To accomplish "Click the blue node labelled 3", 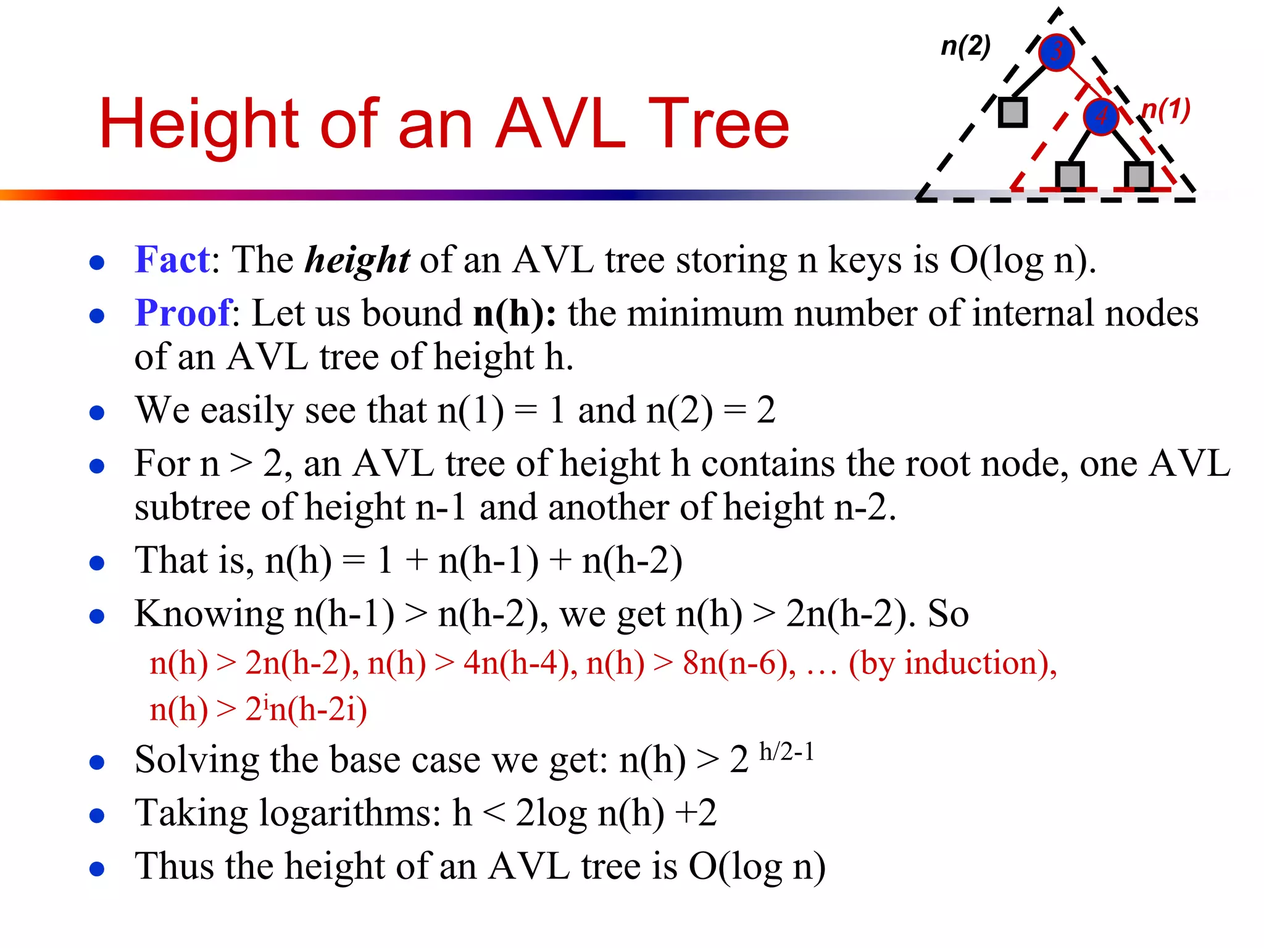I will pos(1057,52).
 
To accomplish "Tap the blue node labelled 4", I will pos(1101,116).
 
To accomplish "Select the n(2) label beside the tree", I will pos(965,46).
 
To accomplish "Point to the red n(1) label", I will pos(1166,110).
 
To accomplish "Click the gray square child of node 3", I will pos(1013,112).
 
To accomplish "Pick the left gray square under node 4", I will pos(1070,175).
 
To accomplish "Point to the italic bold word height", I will pos(357,260).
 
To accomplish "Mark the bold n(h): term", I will pos(515,314).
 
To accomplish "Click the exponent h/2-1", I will pos(787,752).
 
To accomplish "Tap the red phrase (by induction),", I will pos(953,663).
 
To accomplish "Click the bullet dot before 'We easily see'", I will pos(97,412).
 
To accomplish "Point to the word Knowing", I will pos(209,614).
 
